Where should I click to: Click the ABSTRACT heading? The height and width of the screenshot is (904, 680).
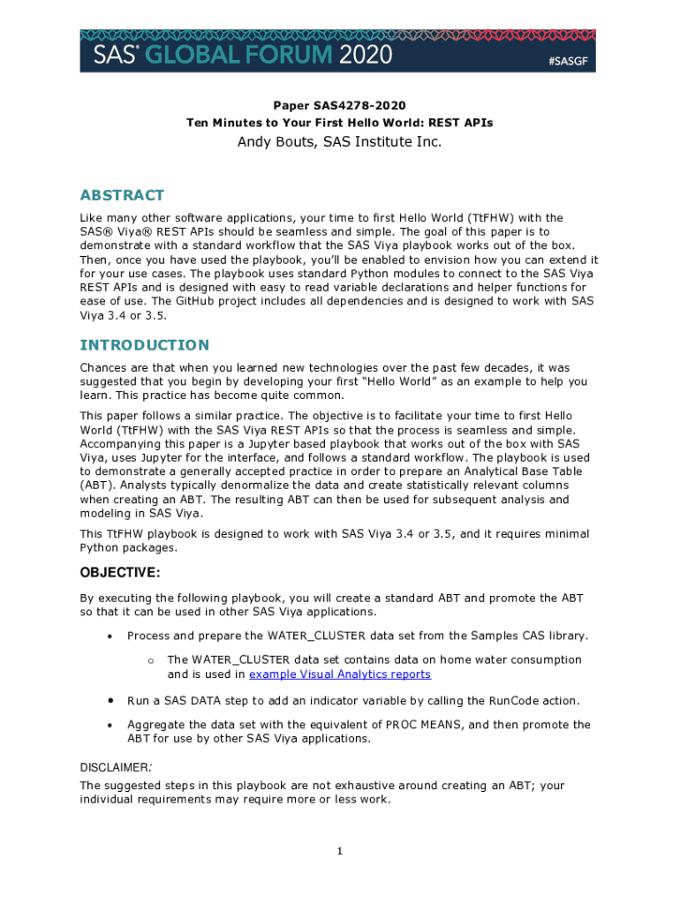(122, 195)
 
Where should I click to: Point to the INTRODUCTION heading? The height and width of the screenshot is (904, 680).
(145, 344)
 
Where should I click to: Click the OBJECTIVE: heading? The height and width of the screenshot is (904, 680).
(120, 573)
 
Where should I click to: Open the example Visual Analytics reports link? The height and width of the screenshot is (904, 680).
(340, 674)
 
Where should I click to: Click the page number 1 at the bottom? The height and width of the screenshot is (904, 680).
(339, 851)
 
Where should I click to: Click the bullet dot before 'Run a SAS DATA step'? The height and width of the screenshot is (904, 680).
(110, 701)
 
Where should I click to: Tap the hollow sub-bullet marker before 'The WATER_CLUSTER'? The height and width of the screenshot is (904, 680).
(152, 660)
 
